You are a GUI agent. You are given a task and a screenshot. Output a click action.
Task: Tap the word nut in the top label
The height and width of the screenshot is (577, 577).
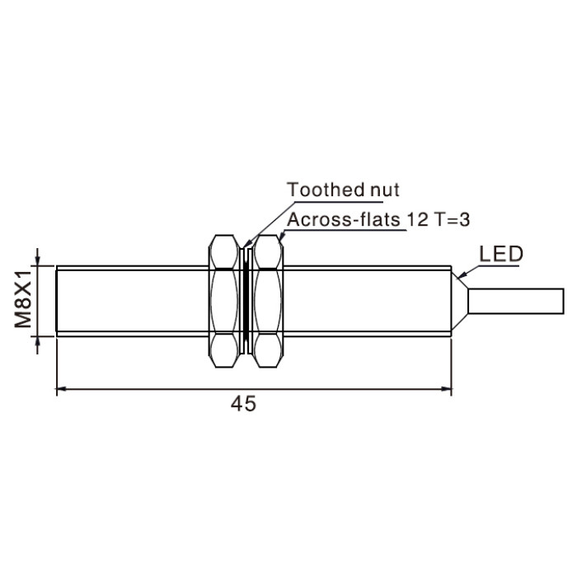point(385,190)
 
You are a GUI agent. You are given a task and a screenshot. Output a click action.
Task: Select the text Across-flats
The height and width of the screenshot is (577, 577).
point(344,220)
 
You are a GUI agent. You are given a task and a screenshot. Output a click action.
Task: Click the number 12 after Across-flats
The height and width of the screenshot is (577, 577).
point(417,220)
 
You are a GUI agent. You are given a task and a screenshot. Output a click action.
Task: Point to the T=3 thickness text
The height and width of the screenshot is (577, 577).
point(453,220)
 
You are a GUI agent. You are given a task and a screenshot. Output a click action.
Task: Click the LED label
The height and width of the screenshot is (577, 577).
point(501,254)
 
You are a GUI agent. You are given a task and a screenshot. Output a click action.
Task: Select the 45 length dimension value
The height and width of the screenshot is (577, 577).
point(243,404)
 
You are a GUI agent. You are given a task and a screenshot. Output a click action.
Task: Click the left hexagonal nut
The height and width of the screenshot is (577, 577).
point(223,301)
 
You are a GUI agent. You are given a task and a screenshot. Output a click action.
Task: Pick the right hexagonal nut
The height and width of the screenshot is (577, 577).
point(269,301)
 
